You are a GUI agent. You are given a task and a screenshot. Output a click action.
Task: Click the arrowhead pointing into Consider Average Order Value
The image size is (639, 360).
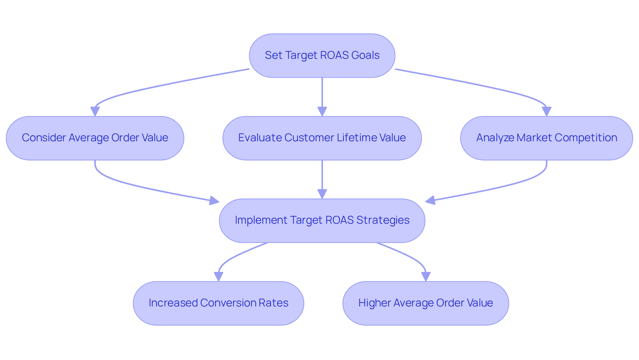click(x=95, y=112)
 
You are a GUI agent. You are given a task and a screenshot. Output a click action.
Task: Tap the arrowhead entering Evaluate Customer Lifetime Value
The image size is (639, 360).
click(x=322, y=112)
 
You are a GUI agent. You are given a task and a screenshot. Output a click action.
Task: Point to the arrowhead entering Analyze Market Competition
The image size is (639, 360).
click(x=546, y=112)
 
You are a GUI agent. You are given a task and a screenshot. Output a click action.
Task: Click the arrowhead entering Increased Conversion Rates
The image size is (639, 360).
click(x=218, y=277)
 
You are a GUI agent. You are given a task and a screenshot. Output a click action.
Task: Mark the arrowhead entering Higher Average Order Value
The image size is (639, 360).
click(x=426, y=277)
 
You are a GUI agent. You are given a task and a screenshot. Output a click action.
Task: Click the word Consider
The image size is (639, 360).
click(x=44, y=138)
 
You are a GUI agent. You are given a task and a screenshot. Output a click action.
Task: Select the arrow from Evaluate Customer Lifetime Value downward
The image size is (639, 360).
click(x=322, y=176)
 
